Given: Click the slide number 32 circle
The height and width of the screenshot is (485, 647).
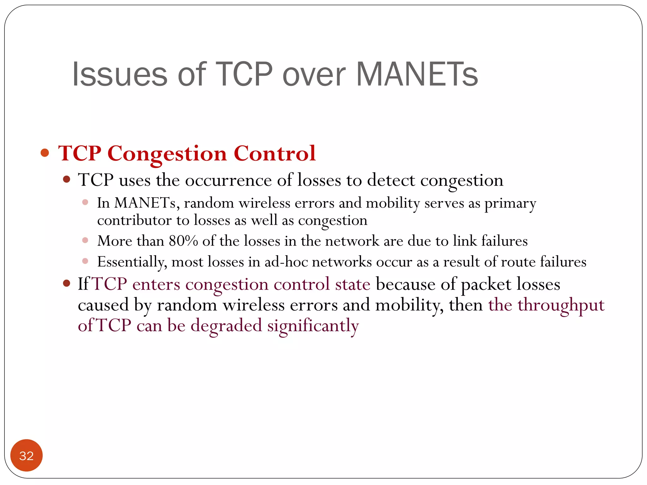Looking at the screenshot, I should [26, 455].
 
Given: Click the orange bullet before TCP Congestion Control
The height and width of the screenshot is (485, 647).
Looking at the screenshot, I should [45, 153].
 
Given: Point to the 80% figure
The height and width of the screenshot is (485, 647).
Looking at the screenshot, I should [183, 241].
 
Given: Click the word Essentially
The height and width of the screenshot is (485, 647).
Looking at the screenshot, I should [132, 262].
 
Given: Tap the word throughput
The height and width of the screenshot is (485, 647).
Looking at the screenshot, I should [561, 305].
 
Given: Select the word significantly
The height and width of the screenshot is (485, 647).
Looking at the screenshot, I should [313, 326].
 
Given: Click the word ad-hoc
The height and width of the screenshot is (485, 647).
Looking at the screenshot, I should [286, 262].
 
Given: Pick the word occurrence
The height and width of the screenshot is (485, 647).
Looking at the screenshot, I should [228, 180].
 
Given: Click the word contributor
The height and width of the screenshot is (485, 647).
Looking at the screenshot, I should [134, 220].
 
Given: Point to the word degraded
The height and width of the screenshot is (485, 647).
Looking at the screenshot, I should [226, 326].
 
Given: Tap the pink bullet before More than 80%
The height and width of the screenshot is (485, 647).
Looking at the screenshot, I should [85, 241].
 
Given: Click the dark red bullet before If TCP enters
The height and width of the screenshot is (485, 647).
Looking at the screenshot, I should [66, 283].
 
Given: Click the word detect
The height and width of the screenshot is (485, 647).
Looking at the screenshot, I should [391, 180].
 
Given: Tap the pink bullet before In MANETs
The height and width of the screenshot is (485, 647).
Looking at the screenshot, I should [85, 202].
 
